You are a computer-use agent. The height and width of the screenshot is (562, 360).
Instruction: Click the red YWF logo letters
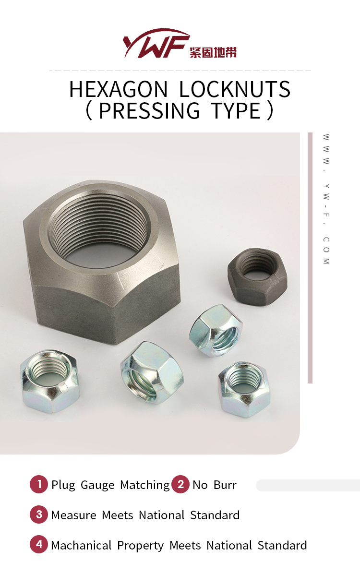(154, 45)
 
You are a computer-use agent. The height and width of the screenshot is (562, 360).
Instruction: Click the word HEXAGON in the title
(119, 90)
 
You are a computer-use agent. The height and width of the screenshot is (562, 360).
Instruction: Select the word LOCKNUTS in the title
(235, 90)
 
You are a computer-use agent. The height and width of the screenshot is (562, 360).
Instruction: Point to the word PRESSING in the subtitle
(149, 111)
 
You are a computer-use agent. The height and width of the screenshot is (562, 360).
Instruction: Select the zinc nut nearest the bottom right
(244, 389)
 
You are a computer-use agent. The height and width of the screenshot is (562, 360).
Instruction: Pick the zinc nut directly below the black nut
(216, 331)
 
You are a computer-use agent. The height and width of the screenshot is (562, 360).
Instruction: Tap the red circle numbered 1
(39, 484)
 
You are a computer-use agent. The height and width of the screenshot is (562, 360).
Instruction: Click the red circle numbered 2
(180, 484)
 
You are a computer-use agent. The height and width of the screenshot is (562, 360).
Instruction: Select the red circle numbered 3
(39, 514)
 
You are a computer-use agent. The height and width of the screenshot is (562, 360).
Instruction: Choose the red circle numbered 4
(39, 545)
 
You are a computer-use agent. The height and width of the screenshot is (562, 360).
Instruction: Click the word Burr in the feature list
(225, 485)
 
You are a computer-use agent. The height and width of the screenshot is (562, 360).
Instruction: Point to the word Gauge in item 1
(97, 485)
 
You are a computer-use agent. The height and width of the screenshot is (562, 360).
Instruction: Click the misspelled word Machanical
(81, 546)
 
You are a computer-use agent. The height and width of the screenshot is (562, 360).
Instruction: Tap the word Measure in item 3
(73, 515)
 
